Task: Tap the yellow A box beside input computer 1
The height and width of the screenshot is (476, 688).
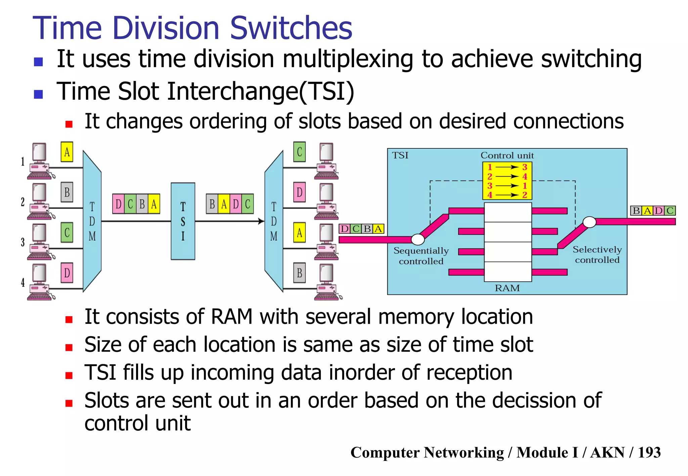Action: point(67,152)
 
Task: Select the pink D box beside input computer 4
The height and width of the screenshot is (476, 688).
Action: point(67,273)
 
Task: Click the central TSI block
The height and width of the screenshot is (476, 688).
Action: point(183,221)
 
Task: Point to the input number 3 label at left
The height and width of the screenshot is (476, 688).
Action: point(23,242)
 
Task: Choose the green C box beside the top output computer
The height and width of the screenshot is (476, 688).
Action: point(299,152)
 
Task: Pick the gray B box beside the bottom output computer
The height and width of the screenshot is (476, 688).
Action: point(299,273)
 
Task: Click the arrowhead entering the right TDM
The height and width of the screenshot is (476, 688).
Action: point(261,221)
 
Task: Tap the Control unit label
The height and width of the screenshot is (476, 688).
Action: point(507,155)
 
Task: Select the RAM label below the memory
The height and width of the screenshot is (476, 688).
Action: point(507,288)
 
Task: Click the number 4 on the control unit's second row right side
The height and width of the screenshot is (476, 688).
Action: point(525,177)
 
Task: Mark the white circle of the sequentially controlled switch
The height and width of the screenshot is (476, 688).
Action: point(418,239)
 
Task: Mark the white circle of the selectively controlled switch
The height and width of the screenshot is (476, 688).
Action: point(589,222)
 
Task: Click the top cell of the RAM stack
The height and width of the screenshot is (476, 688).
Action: point(508,212)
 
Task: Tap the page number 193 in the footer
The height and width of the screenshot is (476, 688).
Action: point(649,452)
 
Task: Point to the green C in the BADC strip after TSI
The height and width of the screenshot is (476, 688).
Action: point(248,204)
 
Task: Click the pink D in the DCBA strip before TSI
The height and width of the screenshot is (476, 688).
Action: point(118,204)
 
